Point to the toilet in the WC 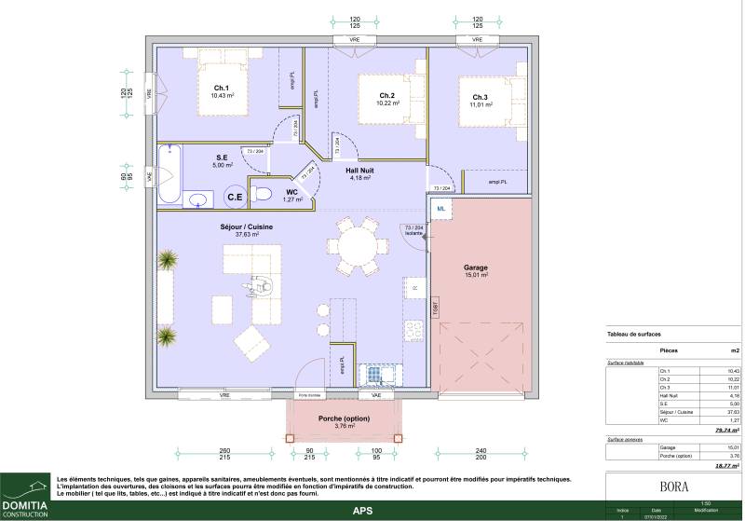tap(262, 195)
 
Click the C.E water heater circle tap(235, 197)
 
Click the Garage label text tap(477, 267)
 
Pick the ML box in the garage tap(441, 209)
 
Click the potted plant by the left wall tap(166, 258)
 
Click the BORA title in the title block tap(673, 486)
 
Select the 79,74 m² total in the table tap(727, 431)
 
